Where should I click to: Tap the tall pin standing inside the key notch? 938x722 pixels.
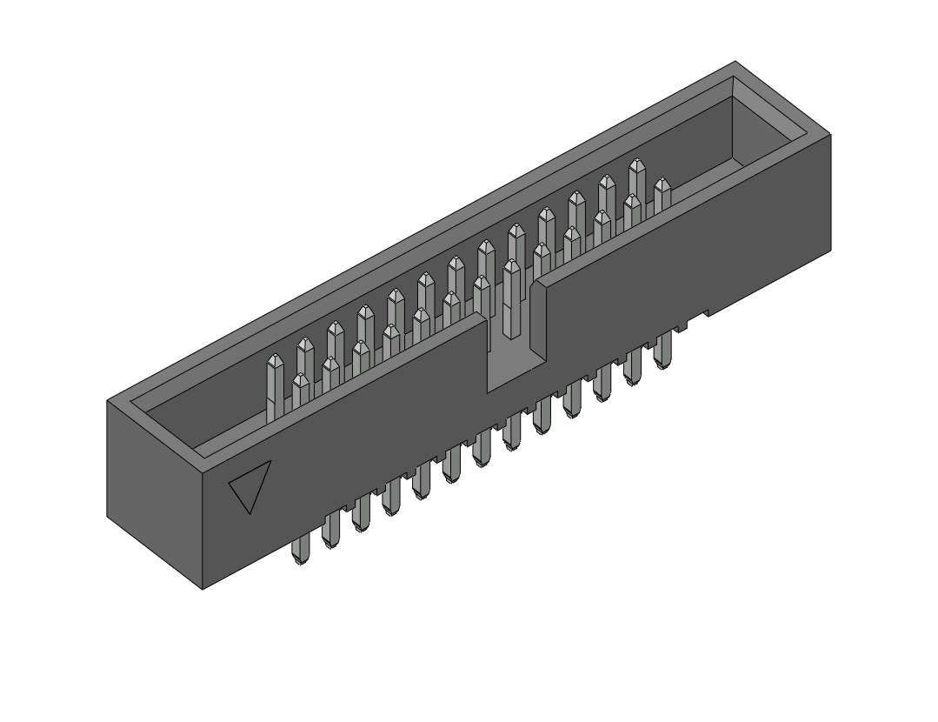click(x=511, y=300)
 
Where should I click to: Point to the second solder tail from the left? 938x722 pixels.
click(x=330, y=531)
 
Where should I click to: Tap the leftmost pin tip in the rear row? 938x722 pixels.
click(x=275, y=361)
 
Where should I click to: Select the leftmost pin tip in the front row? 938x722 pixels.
click(x=301, y=381)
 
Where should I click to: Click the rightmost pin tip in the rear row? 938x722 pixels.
click(x=636, y=164)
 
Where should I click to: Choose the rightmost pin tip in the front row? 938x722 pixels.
click(x=662, y=184)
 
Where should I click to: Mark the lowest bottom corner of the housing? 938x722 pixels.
click(x=203, y=589)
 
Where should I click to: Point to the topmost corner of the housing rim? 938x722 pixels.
click(x=735, y=62)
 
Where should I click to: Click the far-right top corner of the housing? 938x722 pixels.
click(x=830, y=137)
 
